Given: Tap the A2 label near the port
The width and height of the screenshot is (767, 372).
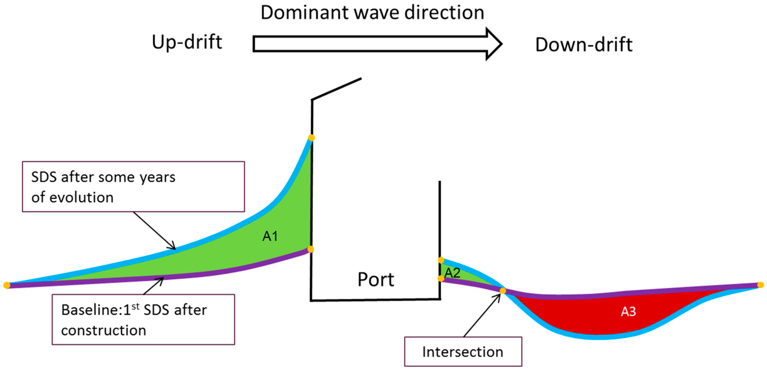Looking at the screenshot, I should pos(452,273).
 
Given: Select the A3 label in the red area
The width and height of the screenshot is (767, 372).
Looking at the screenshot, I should pos(628,311).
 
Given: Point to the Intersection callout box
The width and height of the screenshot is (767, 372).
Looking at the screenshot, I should pos(463,352).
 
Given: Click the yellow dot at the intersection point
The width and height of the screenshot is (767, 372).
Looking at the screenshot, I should pos(503,291).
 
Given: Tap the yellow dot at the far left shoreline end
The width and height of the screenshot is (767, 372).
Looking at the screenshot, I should pos(7,285).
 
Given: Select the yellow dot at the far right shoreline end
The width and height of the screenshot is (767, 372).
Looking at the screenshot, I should pos(760,285).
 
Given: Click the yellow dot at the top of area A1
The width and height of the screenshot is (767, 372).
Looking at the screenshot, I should pos(311,138).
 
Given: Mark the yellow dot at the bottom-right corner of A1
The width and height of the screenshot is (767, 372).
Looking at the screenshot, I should pos(311,249).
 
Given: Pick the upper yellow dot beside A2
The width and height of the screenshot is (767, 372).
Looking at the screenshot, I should pos(441,260).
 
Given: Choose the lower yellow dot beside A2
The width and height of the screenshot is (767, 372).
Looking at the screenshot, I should pos(441,278).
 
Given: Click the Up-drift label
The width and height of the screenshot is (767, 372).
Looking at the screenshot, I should pos(187,42).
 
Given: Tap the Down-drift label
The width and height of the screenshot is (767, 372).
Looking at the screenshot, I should pos(584,45).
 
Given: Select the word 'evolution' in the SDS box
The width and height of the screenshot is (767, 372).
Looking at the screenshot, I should pos(81,198).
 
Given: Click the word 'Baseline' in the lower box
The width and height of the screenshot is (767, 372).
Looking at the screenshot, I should pos(90,310).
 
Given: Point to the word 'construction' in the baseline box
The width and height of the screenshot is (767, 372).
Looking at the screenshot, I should pos(104,331).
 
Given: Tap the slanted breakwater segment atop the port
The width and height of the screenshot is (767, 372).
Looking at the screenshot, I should pos(336,89).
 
